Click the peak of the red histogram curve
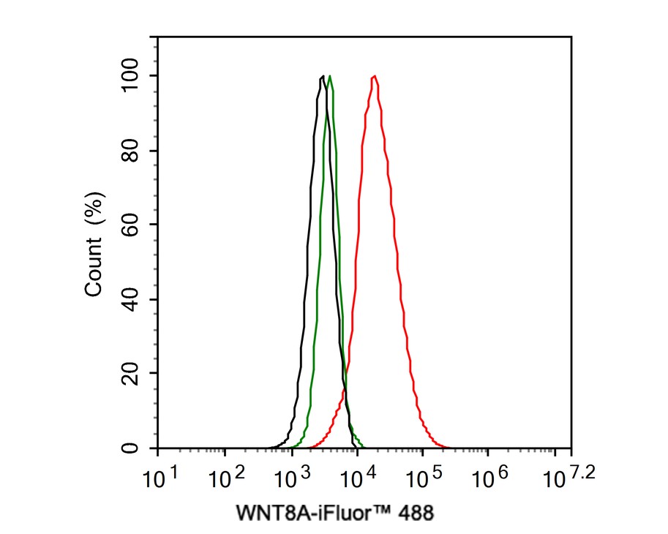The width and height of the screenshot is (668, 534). (x=374, y=76)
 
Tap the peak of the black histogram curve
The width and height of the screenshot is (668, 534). (x=323, y=76)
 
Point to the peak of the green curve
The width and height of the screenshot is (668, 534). (x=330, y=76)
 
